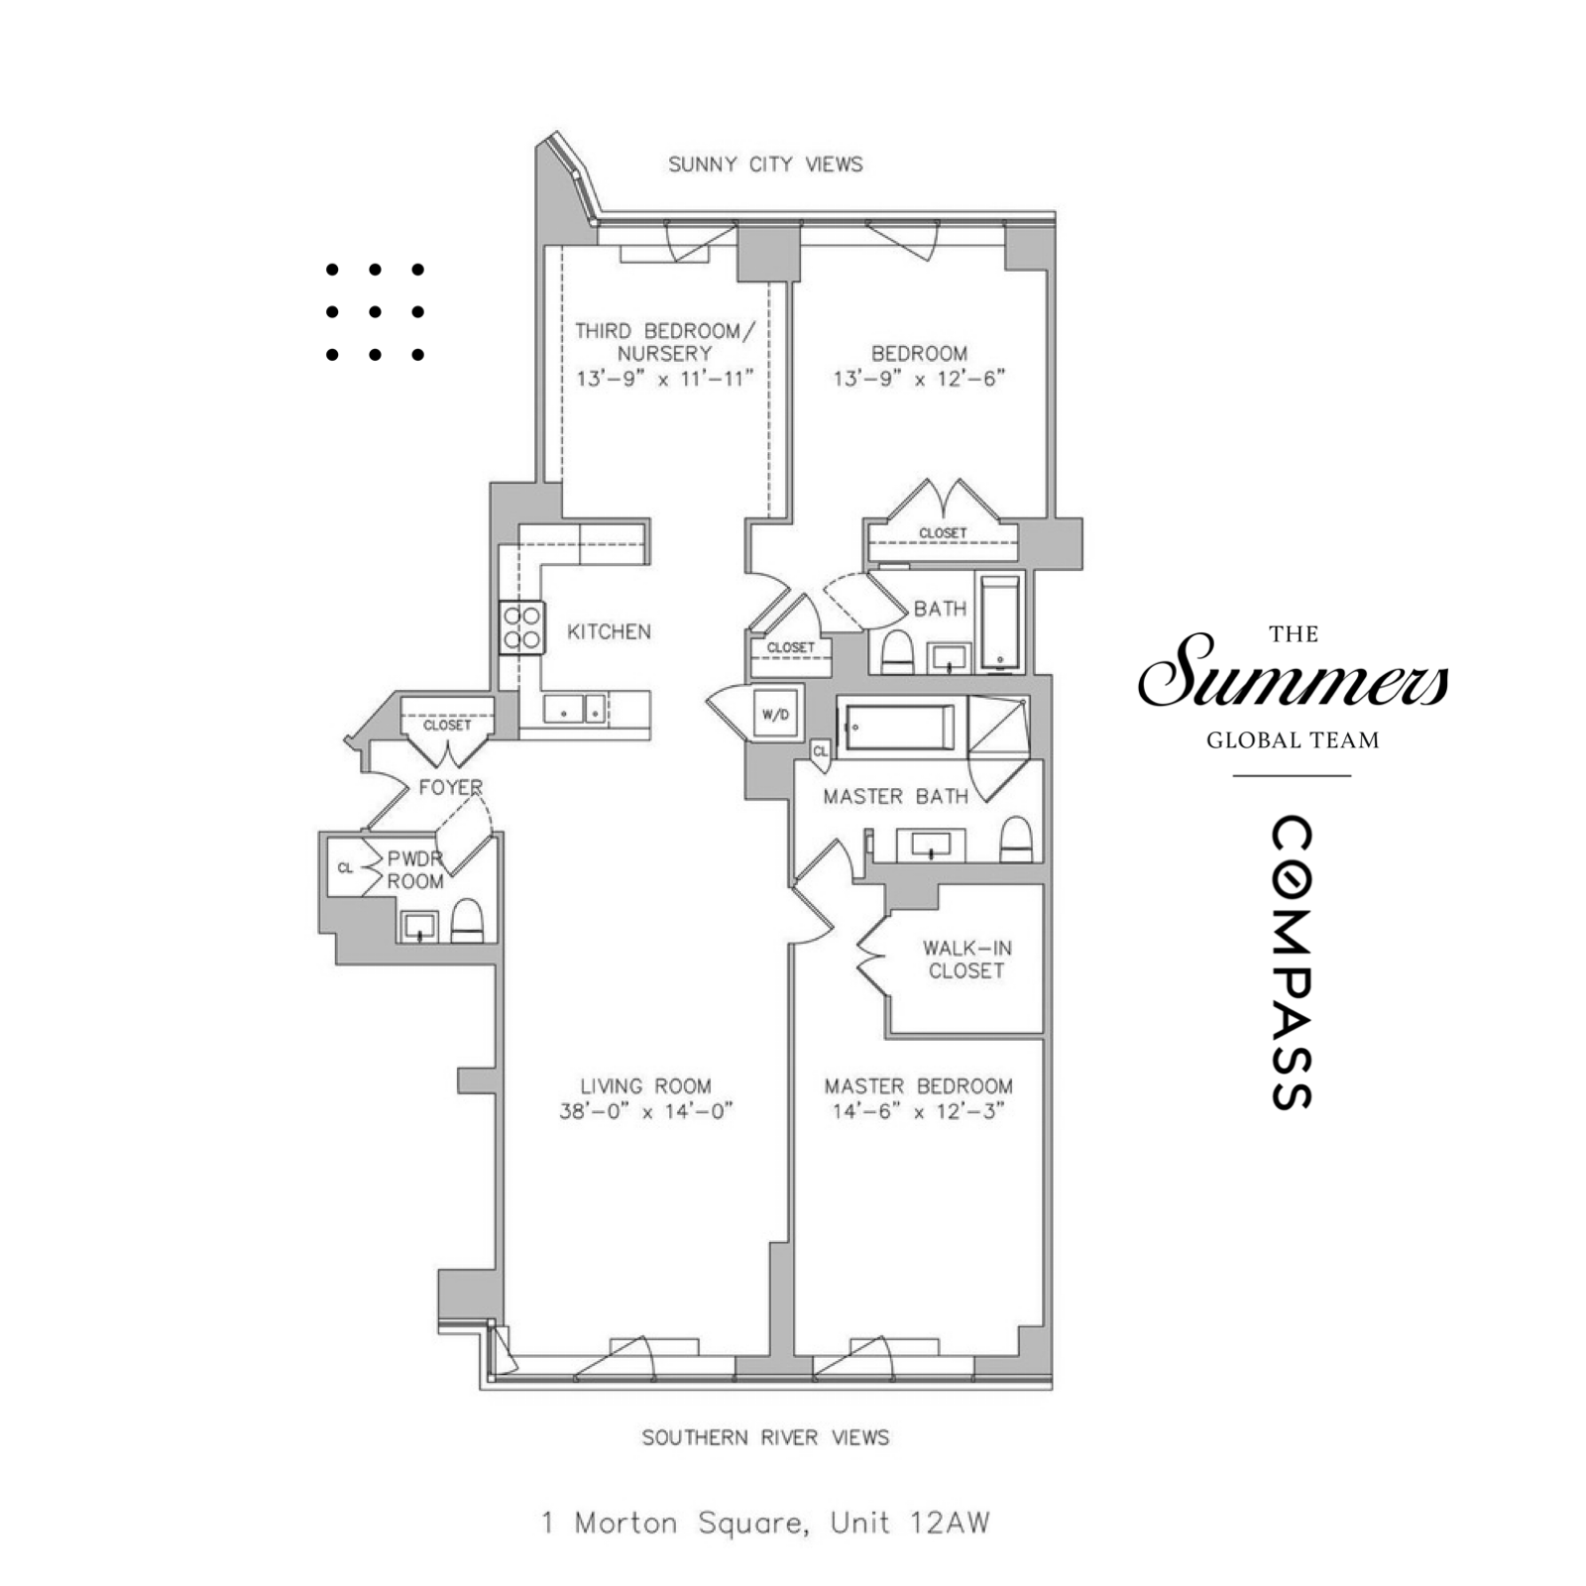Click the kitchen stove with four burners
pyautogui.click(x=521, y=627)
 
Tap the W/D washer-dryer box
pyautogui.click(x=775, y=713)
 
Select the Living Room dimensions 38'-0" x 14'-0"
pyautogui.click(x=645, y=1111)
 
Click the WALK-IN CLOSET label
pyautogui.click(x=965, y=960)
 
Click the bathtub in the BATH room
pyautogui.click(x=1000, y=623)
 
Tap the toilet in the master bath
pyautogui.click(x=1016, y=841)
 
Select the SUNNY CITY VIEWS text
pyautogui.click(x=765, y=165)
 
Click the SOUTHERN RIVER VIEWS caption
pyautogui.click(x=765, y=1437)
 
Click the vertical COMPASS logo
pyautogui.click(x=1292, y=963)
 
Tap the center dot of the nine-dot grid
pyautogui.click(x=375, y=311)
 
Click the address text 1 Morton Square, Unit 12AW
pyautogui.click(x=765, y=1523)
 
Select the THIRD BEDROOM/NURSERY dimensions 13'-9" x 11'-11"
pyautogui.click(x=665, y=378)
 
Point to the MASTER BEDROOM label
pyautogui.click(x=918, y=1086)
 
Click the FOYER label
pyautogui.click(x=450, y=787)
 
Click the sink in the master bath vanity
pyautogui.click(x=931, y=846)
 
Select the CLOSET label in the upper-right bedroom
pyautogui.click(x=942, y=533)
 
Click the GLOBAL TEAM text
pyautogui.click(x=1293, y=739)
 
